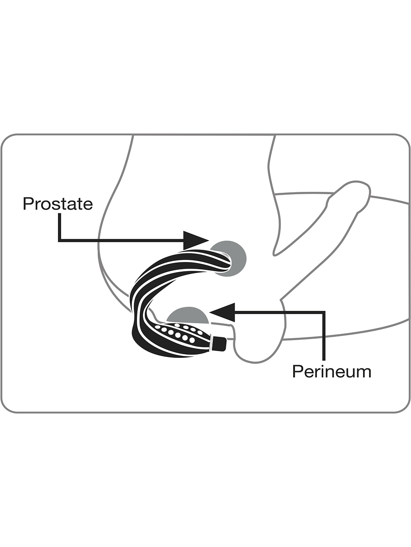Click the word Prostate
click(x=58, y=204)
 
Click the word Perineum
click(x=332, y=372)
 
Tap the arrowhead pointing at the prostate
click(x=196, y=240)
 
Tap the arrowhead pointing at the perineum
click(x=222, y=312)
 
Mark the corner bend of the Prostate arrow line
click(x=59, y=241)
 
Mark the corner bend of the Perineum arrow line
click(x=324, y=312)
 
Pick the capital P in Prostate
click(x=28, y=204)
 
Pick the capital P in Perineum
click(x=297, y=372)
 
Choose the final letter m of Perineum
click(x=364, y=373)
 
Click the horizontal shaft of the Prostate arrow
click(x=122, y=241)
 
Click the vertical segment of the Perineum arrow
click(x=324, y=336)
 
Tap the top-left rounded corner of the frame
click(x=7, y=140)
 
